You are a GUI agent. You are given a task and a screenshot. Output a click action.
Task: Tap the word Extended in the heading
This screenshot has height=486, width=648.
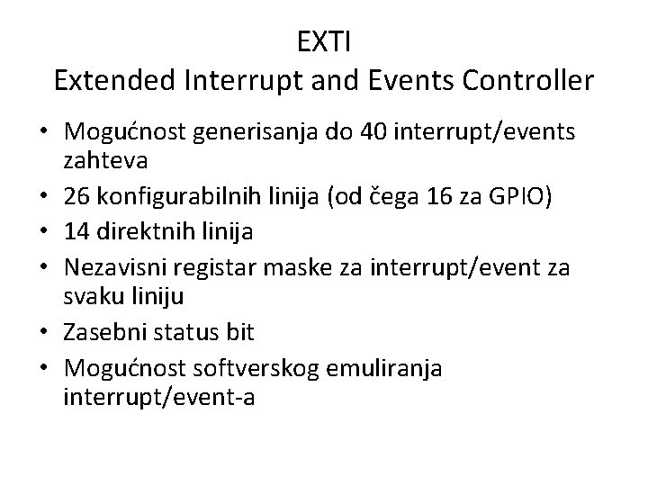(x=113, y=81)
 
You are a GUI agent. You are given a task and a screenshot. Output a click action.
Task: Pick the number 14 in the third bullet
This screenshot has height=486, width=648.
(x=77, y=232)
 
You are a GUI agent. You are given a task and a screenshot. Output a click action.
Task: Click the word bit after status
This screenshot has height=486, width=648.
(x=240, y=332)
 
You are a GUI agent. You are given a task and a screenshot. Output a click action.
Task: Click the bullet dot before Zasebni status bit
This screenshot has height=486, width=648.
(x=45, y=332)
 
